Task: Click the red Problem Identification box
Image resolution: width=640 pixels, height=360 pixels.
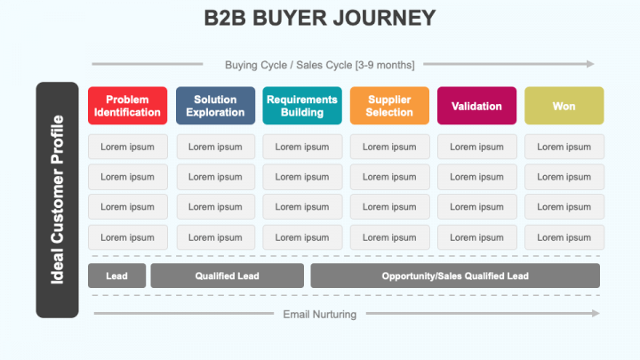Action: pos(127,106)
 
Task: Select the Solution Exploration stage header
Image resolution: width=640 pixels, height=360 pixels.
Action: pos(215,106)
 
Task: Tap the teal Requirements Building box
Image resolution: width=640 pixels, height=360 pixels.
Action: pos(302,106)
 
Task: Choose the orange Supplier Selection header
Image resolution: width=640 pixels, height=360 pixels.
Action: pos(389,106)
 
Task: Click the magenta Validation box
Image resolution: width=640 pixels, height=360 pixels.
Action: pos(476,106)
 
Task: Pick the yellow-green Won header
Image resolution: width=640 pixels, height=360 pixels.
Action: pos(564,106)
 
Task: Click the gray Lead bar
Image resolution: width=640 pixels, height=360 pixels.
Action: pos(116,276)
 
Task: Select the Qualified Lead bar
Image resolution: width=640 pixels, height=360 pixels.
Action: pos(227,276)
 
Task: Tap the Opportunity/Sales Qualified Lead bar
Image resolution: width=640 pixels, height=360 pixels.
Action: pos(455,276)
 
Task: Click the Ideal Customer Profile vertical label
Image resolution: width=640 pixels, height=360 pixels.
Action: pos(57,200)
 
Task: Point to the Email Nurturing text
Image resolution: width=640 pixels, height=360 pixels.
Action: pos(320,315)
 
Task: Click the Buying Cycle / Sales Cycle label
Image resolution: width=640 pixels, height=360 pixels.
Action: pos(320,65)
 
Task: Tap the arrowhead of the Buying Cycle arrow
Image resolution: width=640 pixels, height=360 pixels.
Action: pos(590,64)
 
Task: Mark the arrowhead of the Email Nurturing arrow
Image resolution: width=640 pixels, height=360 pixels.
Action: pos(596,313)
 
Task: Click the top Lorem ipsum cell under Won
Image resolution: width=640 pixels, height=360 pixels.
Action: pos(564,147)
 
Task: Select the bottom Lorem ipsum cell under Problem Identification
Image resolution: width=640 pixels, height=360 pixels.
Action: pos(128,237)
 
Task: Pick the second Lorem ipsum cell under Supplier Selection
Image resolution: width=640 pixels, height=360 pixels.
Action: pos(389,177)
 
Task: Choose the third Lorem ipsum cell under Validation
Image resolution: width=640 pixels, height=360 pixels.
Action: pos(476,206)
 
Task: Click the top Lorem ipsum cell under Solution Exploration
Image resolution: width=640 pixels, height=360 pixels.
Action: pos(215,147)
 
